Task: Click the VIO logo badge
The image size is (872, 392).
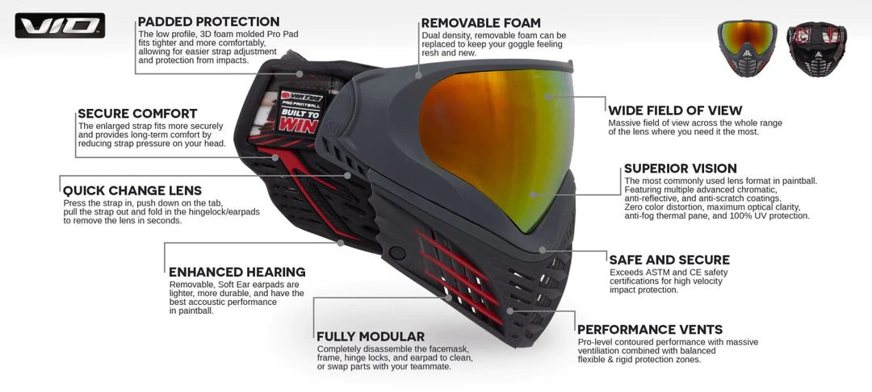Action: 60,26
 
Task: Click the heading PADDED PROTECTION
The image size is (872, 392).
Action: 208,23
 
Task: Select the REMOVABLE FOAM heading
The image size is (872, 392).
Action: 480,23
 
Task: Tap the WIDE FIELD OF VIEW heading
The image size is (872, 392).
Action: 675,111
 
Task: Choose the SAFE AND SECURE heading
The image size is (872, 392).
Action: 669,260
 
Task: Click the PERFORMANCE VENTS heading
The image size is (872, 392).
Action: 650,329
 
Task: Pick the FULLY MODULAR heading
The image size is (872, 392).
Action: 371,336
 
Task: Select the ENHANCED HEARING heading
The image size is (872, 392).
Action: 237,272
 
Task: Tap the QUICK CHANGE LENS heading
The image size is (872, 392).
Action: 132,191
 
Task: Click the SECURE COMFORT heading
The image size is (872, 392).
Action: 137,114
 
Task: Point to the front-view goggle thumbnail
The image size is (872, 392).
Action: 747,48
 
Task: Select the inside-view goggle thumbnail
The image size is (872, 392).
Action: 816,49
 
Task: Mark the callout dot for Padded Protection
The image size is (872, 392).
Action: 300,73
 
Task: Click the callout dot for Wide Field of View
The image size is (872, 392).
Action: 547,96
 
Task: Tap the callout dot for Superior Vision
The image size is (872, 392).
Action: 533,195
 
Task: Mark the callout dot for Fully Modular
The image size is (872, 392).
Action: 449,298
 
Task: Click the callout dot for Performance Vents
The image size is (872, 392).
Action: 509,311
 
